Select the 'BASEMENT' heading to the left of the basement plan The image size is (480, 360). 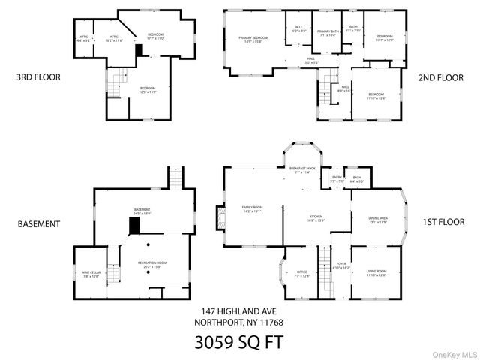click(x=37, y=223)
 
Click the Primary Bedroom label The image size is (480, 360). click(x=253, y=40)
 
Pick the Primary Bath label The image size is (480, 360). click(x=328, y=33)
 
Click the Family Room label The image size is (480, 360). click(x=252, y=209)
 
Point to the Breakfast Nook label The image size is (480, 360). click(x=301, y=171)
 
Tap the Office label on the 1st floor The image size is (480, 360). click(x=302, y=274)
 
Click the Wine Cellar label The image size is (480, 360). click(x=91, y=274)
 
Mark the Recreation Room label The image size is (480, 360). click(x=151, y=265)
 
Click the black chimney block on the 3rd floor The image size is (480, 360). click(x=138, y=50)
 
